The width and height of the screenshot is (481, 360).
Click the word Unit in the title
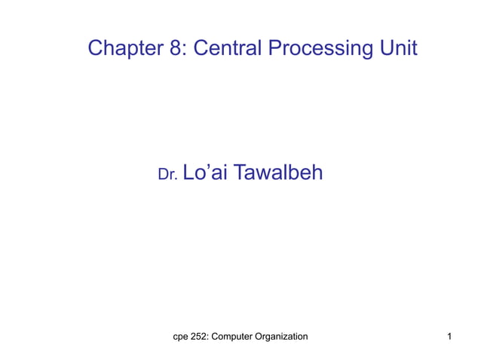(400, 49)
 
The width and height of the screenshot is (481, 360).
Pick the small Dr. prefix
(167, 175)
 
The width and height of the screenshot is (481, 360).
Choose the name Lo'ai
(205, 173)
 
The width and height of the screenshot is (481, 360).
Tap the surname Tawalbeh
(278, 173)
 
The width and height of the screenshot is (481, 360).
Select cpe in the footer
(181, 336)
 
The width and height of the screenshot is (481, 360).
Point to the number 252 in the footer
(199, 336)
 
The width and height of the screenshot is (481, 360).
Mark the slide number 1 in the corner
(449, 336)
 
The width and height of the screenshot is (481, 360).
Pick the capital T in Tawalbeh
(240, 173)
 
